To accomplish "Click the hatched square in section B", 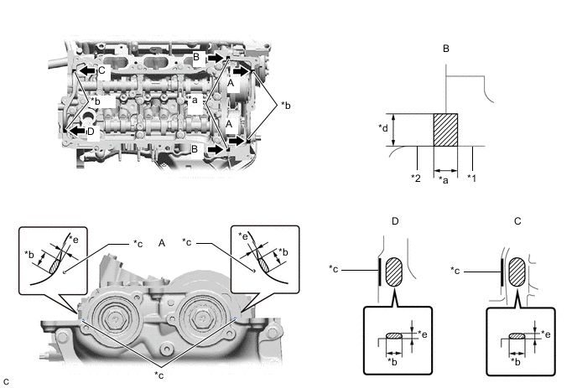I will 444,131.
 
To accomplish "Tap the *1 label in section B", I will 471,178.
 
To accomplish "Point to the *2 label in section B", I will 415,178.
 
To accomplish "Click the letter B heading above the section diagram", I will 446,49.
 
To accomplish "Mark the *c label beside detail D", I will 335,269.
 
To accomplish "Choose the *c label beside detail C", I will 457,269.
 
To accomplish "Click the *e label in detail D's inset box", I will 425,333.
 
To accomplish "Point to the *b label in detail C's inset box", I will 515,361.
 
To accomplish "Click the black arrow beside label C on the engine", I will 87,71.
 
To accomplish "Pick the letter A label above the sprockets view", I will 159,242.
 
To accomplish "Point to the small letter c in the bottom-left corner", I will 7,381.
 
